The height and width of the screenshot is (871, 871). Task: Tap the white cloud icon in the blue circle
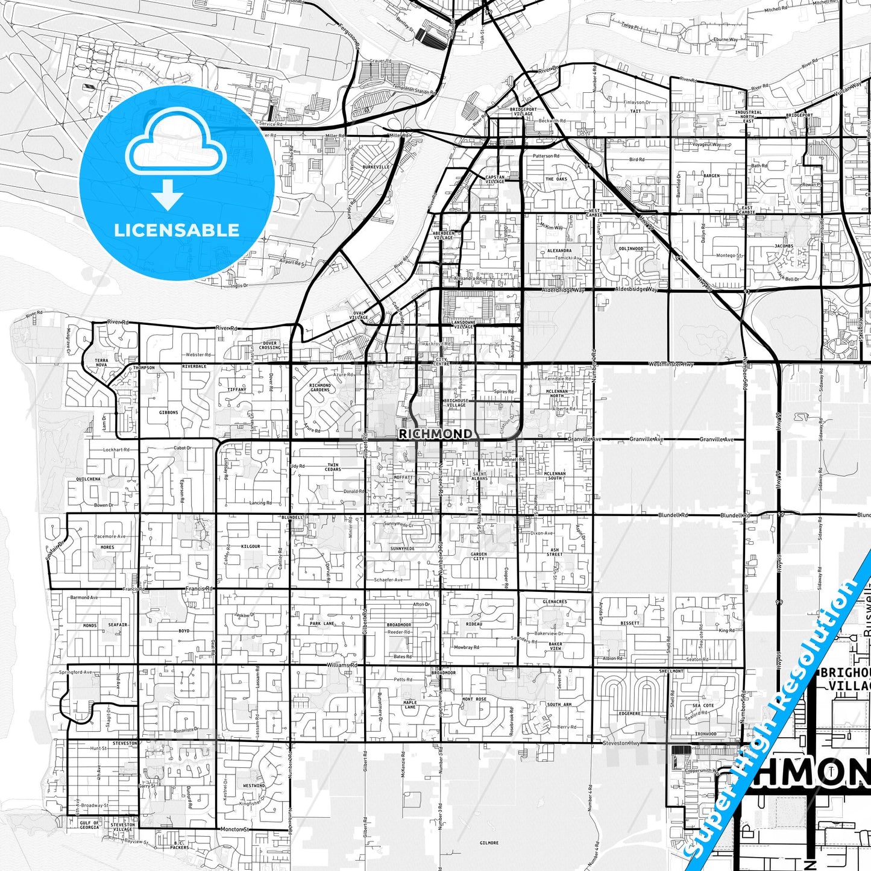point(176,149)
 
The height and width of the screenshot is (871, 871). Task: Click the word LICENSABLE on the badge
point(177,230)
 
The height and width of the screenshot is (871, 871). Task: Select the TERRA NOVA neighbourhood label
point(101,363)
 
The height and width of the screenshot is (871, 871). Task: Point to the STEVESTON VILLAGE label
point(124,827)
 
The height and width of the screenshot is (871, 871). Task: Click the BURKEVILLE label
point(376,166)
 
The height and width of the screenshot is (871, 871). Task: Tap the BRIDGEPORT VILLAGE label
point(522,112)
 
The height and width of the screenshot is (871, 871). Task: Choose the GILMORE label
point(489,843)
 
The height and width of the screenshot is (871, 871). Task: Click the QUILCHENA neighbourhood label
point(89,479)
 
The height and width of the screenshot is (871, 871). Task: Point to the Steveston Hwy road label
point(621,743)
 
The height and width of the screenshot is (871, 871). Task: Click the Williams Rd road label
point(342,665)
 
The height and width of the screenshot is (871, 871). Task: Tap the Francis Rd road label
point(200,588)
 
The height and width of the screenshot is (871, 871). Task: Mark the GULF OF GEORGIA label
point(89,825)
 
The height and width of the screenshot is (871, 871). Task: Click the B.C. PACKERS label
point(180,845)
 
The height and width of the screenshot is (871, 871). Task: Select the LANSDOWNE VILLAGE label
point(459,324)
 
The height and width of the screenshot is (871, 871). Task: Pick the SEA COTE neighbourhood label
point(703,705)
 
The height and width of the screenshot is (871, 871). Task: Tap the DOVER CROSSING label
point(269,345)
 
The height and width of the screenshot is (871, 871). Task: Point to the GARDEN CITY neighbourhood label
point(479,556)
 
